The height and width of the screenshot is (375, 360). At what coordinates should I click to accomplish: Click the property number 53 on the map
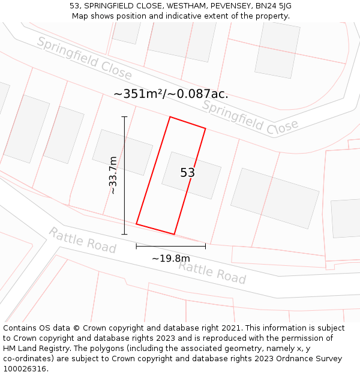(187, 173)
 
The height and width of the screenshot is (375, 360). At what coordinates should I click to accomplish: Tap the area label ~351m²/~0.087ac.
(171, 94)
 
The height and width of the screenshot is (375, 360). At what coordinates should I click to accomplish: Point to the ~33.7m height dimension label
(113, 175)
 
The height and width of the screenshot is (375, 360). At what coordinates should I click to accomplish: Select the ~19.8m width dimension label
(170, 259)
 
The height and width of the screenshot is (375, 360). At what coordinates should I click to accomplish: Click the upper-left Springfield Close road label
(84, 58)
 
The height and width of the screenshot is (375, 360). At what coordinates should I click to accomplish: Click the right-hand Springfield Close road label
(250, 117)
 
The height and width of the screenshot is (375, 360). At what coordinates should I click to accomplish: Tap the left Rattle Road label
(82, 240)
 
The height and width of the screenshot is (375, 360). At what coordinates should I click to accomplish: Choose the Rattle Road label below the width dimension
(212, 272)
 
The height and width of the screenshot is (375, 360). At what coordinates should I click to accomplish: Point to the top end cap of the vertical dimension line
(124, 116)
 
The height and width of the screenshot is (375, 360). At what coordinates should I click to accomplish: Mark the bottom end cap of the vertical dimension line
(124, 234)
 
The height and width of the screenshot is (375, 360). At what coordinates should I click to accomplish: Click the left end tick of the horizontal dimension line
(136, 246)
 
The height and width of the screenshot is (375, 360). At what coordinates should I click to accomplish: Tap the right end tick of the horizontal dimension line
(205, 246)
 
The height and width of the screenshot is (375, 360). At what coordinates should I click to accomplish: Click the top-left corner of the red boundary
(170, 117)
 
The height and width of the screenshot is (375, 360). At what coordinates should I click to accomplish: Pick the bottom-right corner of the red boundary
(174, 234)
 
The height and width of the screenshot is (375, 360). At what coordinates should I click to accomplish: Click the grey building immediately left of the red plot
(122, 152)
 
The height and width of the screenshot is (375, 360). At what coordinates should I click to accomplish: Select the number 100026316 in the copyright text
(26, 369)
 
